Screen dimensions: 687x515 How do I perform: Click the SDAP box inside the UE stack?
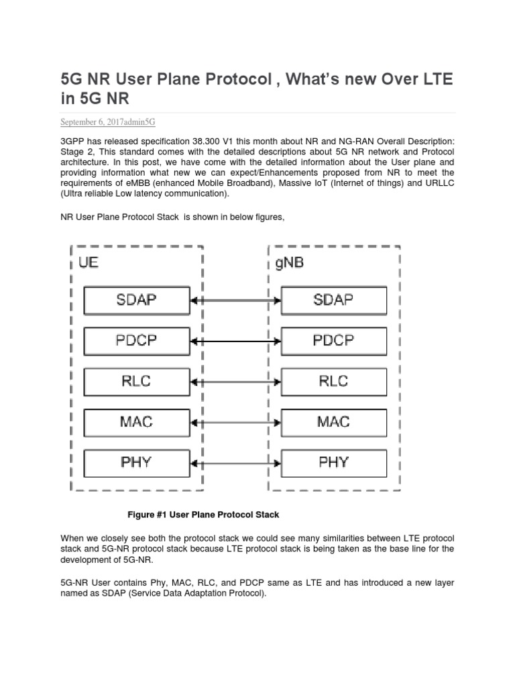coord(136,300)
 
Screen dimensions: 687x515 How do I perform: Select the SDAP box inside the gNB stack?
coord(333,300)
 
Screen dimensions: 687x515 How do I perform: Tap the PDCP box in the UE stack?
coord(136,341)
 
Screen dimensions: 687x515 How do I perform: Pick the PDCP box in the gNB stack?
coord(333,341)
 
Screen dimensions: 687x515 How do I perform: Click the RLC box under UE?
coord(136,382)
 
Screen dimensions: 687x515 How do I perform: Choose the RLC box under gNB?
coord(333,382)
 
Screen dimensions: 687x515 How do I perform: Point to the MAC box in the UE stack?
coord(136,422)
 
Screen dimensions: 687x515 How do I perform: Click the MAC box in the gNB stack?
coord(333,422)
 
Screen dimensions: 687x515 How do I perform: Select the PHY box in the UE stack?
coord(136,463)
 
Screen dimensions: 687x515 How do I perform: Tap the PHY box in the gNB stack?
coord(333,463)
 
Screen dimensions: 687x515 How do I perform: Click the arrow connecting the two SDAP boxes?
coord(235,301)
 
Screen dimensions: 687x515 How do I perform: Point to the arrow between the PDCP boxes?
coord(235,341)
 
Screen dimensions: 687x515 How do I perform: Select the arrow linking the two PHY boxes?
coord(235,464)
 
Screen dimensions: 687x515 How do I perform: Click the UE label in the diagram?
coord(89,262)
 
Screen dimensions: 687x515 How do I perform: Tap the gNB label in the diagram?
coord(289,262)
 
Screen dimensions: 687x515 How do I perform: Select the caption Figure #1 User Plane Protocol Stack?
coord(203,515)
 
